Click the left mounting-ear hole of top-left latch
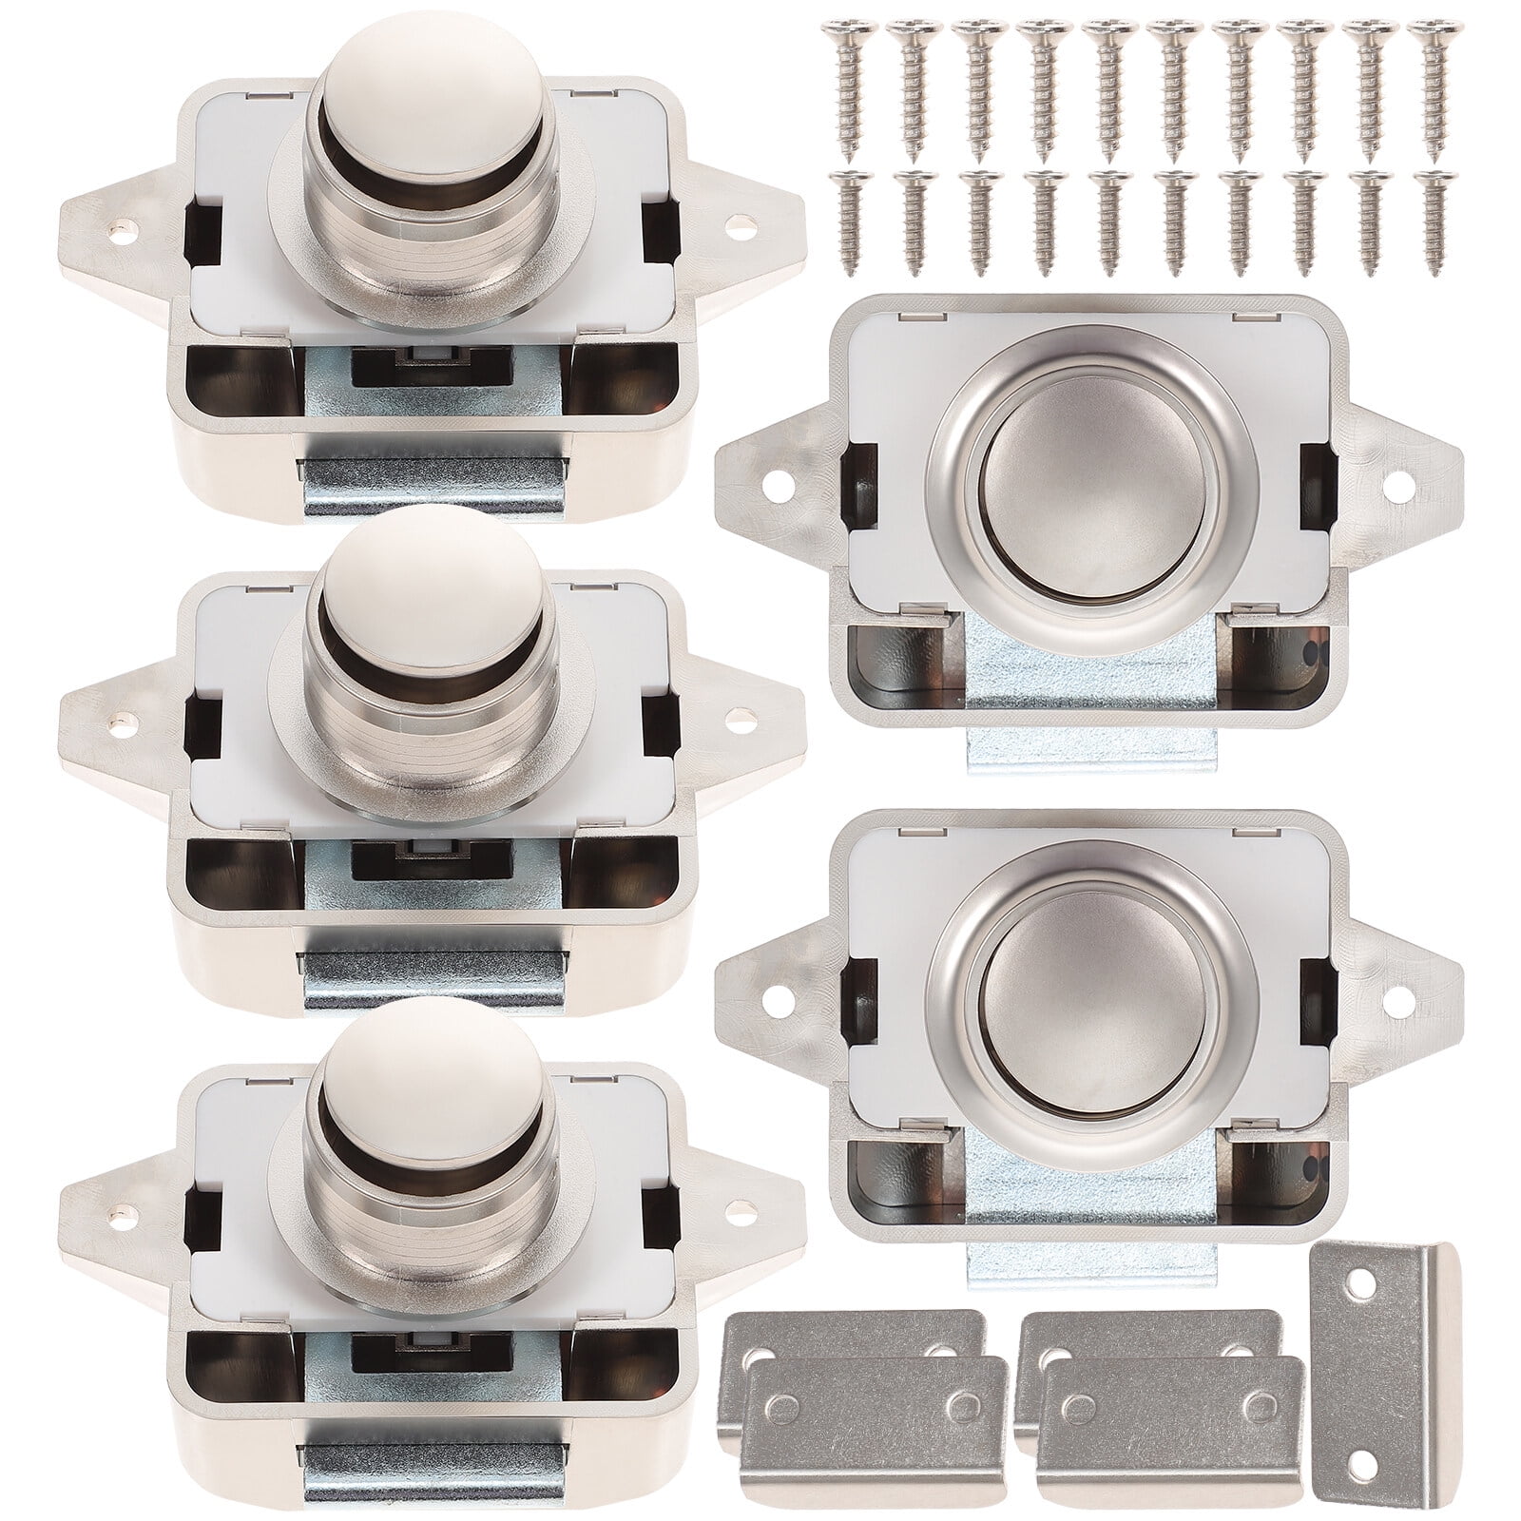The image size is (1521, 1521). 122,228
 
